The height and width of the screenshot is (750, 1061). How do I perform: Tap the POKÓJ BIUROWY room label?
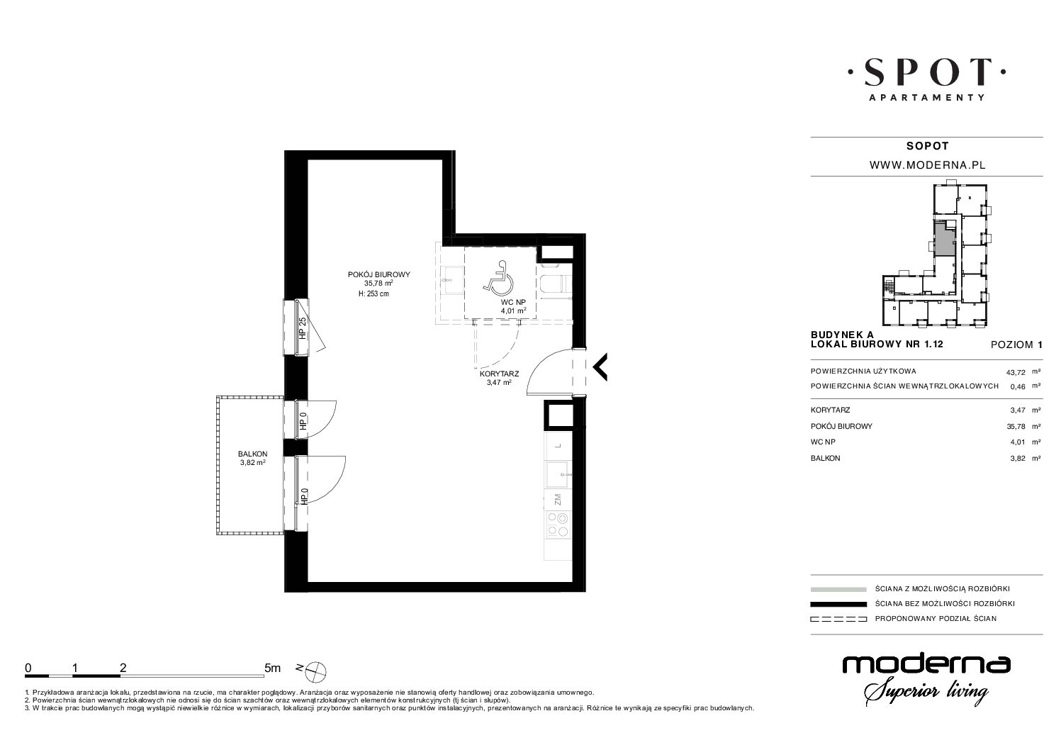[x=379, y=274]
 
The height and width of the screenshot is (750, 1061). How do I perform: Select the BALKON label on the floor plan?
[x=252, y=454]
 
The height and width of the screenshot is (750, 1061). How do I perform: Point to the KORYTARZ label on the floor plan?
[x=499, y=374]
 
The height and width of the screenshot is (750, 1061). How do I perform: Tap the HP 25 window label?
[x=303, y=328]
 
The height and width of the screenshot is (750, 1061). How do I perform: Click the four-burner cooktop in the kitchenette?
[x=558, y=525]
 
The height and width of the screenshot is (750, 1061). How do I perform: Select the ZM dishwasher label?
[x=558, y=499]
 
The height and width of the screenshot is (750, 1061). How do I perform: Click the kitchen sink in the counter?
[x=558, y=474]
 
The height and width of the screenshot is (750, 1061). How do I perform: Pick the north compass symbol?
[x=316, y=671]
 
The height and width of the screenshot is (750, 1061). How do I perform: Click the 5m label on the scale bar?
[x=272, y=668]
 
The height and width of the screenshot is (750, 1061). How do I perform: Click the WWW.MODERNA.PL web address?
[x=928, y=165]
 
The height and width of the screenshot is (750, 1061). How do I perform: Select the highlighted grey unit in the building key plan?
[x=945, y=240]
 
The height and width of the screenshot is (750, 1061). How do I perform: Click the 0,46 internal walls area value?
[x=1018, y=386]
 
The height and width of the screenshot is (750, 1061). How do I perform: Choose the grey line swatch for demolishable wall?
[x=838, y=589]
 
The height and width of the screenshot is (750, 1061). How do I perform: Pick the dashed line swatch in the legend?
[x=838, y=619]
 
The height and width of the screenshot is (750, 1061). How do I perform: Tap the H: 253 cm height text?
[x=374, y=293]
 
